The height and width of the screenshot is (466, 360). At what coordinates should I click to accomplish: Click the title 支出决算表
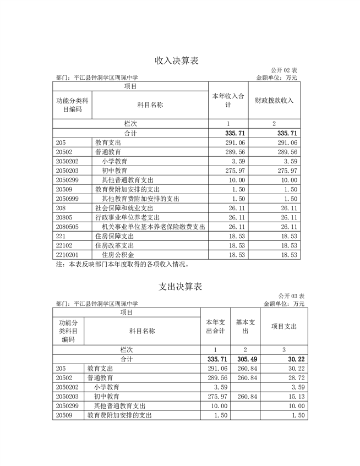pos(180,287)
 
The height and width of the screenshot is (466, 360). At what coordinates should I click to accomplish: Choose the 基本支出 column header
pos(245,326)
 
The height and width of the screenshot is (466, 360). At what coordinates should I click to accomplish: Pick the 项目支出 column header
pos(283,326)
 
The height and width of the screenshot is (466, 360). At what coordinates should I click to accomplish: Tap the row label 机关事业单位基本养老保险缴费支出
pos(154,226)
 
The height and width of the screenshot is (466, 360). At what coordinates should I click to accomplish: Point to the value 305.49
pos(246,359)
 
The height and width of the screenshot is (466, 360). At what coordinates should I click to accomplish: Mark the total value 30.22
pos(296,359)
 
